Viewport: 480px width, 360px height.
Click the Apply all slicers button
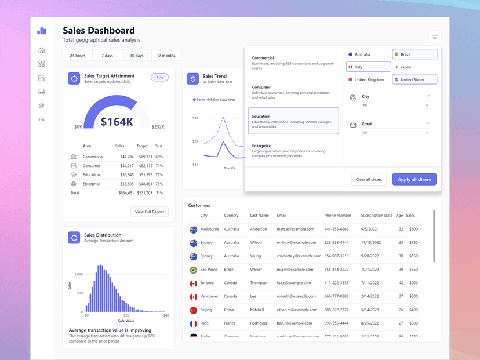coord(414,180)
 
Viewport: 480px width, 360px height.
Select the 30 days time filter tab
coord(136,56)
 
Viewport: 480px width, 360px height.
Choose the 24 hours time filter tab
coord(78,56)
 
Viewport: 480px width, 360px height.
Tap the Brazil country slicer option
coord(414,54)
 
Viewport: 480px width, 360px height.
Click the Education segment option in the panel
coord(293,121)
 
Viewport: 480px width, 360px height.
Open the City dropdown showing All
coord(395,106)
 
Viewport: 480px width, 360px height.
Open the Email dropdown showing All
coord(395,133)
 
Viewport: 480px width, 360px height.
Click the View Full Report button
coord(150,212)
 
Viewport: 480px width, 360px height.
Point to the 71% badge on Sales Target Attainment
coord(159,77)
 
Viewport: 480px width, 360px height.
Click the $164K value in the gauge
coord(117,122)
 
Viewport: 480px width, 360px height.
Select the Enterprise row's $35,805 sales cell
coord(126,184)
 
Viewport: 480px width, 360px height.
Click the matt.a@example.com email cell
coord(296,229)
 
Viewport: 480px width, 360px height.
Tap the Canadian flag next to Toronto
coord(194,283)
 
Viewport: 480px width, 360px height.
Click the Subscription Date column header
coord(376,215)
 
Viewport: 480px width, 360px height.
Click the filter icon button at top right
coord(434,37)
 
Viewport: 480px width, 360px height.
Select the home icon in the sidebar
coord(41,50)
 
